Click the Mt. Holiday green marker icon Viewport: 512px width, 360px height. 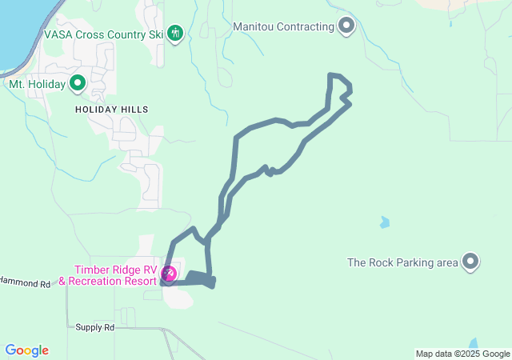point(78,82)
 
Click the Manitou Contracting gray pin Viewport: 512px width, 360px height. point(346,26)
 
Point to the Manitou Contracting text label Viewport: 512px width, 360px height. point(283,26)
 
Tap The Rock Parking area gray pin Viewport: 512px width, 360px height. point(470,261)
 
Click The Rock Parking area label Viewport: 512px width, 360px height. point(402,262)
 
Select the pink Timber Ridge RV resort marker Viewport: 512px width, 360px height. point(169,275)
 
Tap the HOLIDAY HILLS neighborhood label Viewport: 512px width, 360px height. point(112,109)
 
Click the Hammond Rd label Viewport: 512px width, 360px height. point(26,283)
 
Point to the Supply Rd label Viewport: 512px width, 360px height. point(95,327)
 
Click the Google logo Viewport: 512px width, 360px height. point(26,350)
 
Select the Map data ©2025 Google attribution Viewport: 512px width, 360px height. point(462,354)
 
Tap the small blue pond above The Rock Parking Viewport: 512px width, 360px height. point(385,222)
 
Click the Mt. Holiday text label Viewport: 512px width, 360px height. point(38,83)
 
